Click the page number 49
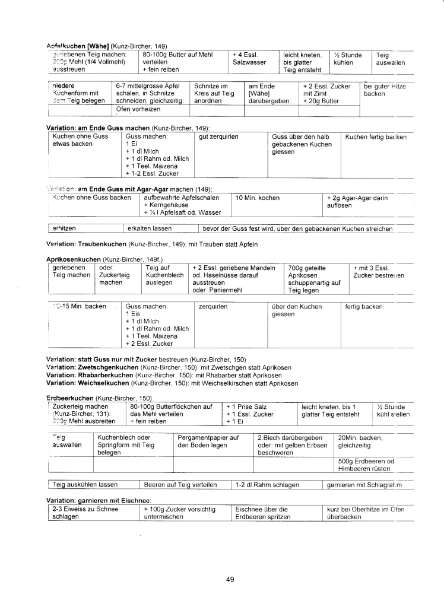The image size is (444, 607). [x=230, y=580]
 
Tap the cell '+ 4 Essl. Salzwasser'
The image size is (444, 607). [x=249, y=58]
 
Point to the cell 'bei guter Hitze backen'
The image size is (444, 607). [x=384, y=90]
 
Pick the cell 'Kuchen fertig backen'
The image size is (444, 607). [x=376, y=137]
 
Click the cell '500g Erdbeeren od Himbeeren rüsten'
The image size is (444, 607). [x=366, y=465]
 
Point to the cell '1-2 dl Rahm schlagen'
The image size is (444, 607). [x=267, y=485]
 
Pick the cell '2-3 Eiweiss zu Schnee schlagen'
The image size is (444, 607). [x=74, y=513]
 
